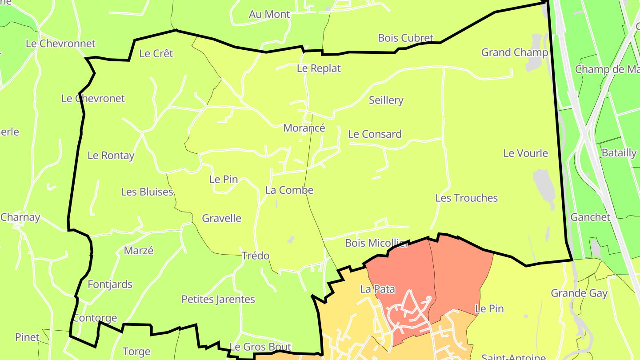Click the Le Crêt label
click(x=156, y=54)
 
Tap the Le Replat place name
click(x=319, y=68)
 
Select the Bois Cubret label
click(x=405, y=38)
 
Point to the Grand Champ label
click(x=514, y=52)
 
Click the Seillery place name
click(x=386, y=100)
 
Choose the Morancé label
click(x=304, y=128)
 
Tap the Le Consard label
click(x=375, y=134)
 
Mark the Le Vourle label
click(x=525, y=153)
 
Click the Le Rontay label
click(x=111, y=156)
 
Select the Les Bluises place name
click(x=147, y=192)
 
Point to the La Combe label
click(x=289, y=190)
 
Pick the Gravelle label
click(x=221, y=218)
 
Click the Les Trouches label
click(x=466, y=198)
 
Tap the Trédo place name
click(x=255, y=256)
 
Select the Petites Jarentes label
click(x=218, y=300)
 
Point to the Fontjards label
click(x=110, y=284)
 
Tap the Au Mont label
click(x=269, y=14)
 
